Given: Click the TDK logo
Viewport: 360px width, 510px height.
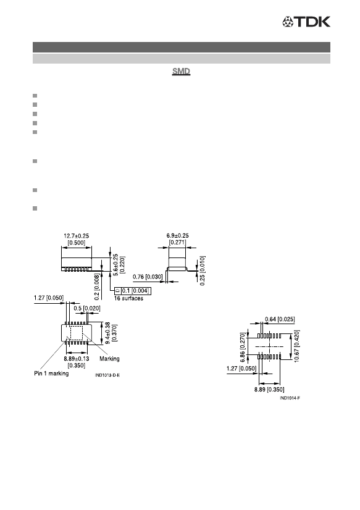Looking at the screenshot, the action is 306,22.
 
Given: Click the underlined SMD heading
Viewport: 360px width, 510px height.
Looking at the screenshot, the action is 181,71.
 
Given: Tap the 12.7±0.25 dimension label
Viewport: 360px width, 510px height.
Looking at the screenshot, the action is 76,236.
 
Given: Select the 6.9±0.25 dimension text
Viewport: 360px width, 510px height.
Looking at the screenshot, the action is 177,235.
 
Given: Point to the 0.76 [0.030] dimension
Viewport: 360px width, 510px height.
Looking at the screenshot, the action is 148,277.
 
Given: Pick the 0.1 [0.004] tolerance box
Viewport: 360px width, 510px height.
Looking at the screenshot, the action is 133,291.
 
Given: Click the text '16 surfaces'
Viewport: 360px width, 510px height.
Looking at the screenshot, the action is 128,298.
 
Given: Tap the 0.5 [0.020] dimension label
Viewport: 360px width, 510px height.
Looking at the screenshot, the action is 87,308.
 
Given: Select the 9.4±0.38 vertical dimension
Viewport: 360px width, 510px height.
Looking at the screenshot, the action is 108,333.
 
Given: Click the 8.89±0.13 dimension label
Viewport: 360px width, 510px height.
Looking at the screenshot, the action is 77,359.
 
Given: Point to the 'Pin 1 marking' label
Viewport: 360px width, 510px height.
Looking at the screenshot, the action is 51,374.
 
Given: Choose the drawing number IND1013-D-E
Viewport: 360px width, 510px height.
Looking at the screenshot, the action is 107,375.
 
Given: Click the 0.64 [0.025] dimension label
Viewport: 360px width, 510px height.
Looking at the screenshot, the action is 280,319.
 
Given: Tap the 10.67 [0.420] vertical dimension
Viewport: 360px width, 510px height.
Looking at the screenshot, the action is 296,346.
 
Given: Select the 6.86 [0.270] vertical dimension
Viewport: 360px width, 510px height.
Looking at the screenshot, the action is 242,348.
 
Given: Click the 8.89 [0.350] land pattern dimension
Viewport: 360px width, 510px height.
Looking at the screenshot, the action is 269,390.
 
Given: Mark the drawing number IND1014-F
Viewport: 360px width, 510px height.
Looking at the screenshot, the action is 290,398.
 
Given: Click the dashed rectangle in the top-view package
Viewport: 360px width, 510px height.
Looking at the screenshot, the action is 77,333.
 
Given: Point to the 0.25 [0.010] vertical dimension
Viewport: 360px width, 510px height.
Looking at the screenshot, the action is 203,270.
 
